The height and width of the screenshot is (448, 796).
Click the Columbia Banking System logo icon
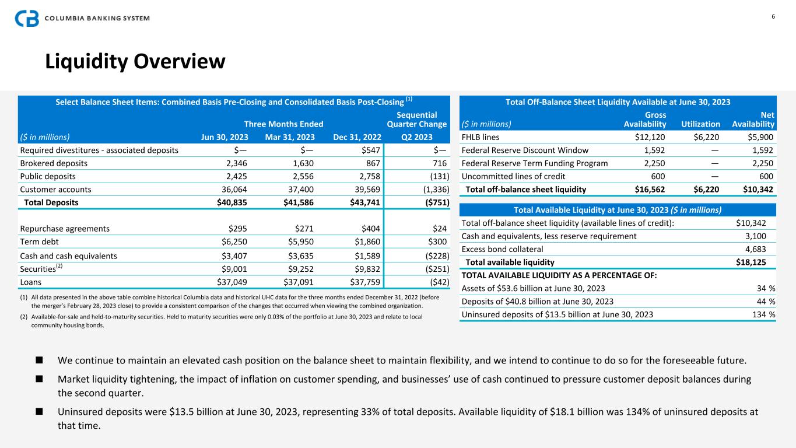pyautogui.click(x=27, y=18)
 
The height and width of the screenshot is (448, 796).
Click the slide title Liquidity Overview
pyautogui.click(x=135, y=61)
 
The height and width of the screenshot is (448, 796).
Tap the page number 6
pyautogui.click(x=773, y=16)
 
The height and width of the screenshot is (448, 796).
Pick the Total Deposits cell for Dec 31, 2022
pyautogui.click(x=366, y=202)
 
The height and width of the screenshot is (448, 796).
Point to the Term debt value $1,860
pyautogui.click(x=368, y=242)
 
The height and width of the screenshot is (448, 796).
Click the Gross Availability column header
pyautogui.click(x=645, y=120)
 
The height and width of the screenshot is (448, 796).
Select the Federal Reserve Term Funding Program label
pyautogui.click(x=535, y=163)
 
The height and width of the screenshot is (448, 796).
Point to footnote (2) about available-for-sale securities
pyautogui.click(x=227, y=321)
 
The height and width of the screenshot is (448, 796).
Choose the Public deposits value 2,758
pyautogui.click(x=369, y=176)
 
